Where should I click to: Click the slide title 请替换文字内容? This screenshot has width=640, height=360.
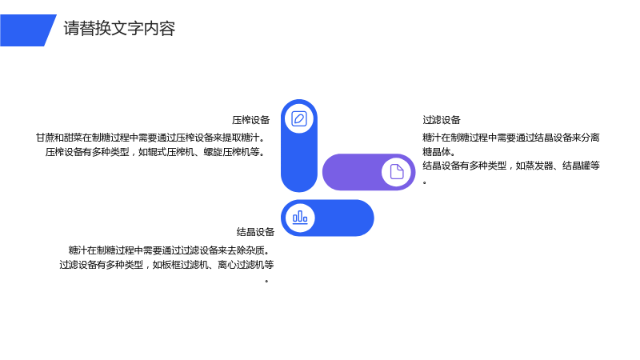(119, 29)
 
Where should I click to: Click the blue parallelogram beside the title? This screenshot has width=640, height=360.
(28, 30)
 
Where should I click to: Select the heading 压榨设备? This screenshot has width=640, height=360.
(251, 120)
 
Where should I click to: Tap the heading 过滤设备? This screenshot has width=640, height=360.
(442, 120)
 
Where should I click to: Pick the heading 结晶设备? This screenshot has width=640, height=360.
(255, 232)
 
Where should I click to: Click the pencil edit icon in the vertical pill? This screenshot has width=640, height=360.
(299, 118)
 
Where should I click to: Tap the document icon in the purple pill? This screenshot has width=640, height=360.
(397, 172)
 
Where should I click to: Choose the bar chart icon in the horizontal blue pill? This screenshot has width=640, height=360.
(300, 218)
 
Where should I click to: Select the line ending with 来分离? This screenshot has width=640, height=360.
(511, 138)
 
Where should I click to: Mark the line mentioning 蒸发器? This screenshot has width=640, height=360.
(511, 166)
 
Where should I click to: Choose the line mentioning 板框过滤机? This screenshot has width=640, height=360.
(166, 265)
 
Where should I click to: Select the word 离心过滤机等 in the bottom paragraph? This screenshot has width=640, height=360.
(246, 265)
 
